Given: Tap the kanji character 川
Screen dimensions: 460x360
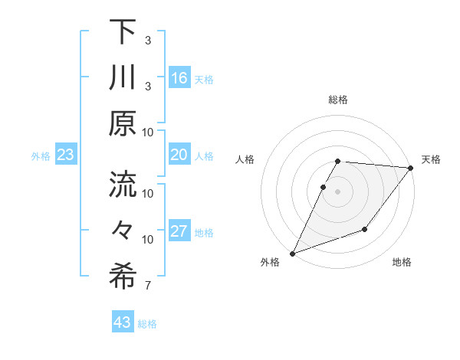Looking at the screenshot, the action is point(123,77).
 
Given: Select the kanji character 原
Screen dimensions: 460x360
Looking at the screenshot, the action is point(123,123).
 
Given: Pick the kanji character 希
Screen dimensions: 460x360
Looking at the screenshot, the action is point(123,277).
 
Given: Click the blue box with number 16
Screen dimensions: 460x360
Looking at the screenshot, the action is point(179,77).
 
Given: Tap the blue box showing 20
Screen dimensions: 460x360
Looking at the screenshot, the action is point(179,155).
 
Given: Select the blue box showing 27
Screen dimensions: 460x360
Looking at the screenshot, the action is point(179,232).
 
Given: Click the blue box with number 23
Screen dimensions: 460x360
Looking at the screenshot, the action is point(66,155).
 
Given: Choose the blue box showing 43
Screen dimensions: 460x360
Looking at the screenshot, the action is point(123,322).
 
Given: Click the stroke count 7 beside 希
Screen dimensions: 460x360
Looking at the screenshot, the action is point(148,286).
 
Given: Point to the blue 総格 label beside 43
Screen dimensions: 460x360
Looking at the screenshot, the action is point(148,324).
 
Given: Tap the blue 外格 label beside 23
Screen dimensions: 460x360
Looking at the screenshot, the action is point(41,156).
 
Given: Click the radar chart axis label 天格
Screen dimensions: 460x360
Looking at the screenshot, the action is point(431,159).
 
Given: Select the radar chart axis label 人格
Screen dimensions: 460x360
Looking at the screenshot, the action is point(245,159).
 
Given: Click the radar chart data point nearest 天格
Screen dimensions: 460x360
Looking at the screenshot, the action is point(411,168).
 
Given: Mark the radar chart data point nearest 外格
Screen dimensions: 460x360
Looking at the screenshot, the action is point(292,254).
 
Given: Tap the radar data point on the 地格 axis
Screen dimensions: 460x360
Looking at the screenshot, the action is point(366,230).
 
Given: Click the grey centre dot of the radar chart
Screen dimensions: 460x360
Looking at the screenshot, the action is point(337,191).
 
